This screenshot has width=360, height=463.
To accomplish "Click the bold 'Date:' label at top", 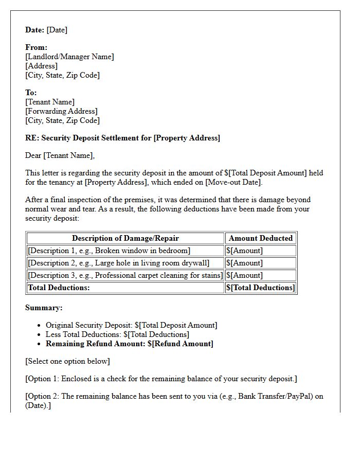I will click(35, 30).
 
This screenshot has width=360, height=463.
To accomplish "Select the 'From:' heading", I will click(36, 47).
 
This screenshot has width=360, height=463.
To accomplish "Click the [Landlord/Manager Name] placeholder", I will click(69, 57).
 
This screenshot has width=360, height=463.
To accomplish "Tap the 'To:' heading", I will click(31, 93).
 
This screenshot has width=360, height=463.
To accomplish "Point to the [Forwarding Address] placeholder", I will click(61, 111).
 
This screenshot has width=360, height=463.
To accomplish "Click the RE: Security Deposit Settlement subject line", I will click(122, 138).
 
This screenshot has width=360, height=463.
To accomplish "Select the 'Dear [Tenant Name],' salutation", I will click(60, 155).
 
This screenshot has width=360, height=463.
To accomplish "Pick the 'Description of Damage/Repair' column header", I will click(125, 238).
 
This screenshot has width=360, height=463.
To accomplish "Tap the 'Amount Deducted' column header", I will click(261, 238).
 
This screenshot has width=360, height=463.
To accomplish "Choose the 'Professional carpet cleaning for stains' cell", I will click(125, 275).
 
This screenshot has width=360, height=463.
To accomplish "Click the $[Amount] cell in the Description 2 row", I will click(244, 263).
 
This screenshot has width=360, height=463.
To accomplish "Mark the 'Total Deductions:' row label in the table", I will click(59, 288).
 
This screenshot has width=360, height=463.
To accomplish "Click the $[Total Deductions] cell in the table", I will click(261, 288).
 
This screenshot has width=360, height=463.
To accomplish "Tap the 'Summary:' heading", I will click(44, 308).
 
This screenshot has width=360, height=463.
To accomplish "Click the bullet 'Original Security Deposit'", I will click(131, 325).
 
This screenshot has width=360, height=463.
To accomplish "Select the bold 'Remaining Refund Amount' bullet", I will click(129, 344).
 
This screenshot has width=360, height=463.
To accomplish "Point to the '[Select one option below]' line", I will click(67, 361).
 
